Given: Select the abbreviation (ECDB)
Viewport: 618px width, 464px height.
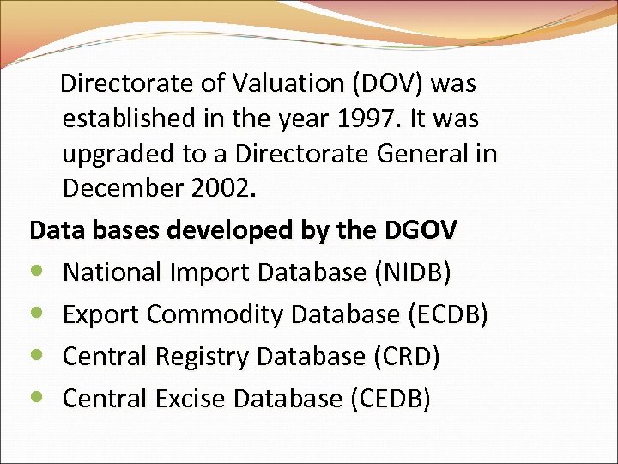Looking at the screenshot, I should (445, 314).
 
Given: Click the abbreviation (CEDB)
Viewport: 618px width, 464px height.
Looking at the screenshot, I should (397, 399).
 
